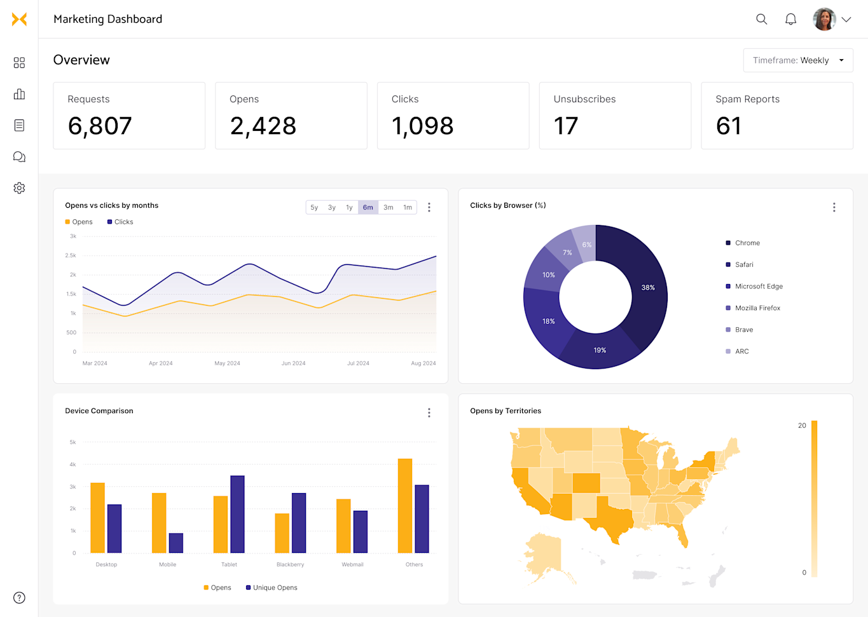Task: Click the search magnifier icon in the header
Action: (761, 19)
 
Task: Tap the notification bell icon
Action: (790, 19)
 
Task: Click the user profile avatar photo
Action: (824, 19)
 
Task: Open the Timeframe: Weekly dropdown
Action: (797, 60)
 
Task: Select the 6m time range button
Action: (368, 207)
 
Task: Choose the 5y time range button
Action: (314, 207)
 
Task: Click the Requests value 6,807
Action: (100, 126)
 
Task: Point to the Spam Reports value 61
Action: (728, 126)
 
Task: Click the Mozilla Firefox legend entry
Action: (757, 308)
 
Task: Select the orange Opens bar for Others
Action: (405, 506)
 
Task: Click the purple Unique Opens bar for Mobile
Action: (176, 543)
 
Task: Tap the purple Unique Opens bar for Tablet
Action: (237, 514)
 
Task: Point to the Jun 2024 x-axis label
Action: (293, 363)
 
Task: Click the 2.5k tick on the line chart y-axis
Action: (71, 255)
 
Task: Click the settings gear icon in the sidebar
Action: (19, 188)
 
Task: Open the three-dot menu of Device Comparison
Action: (429, 413)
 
